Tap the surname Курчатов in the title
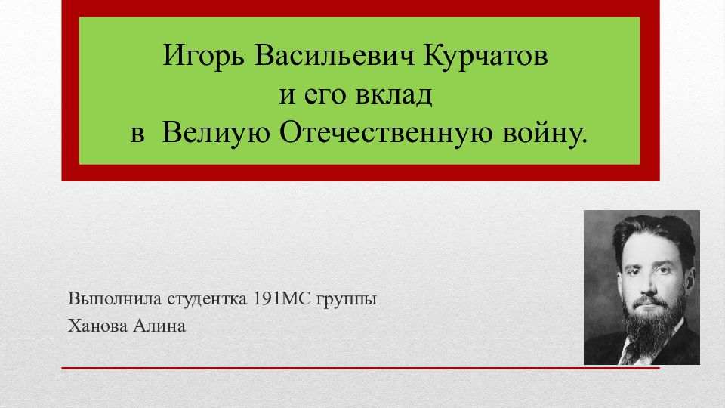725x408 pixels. point(486,57)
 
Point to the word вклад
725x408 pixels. point(394,96)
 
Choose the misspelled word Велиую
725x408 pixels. point(216,134)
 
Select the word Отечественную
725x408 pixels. point(386,133)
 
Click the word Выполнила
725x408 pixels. point(115,299)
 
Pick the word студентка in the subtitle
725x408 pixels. point(207,299)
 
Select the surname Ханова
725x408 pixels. point(97,326)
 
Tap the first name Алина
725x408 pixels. point(159,326)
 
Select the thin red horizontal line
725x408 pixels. point(361,368)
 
